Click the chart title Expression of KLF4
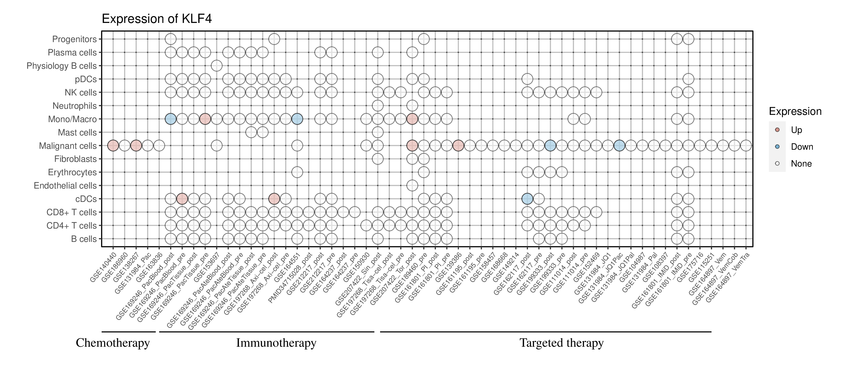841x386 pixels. tap(157, 19)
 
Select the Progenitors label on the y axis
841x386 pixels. tap(75, 39)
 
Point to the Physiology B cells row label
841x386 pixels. tap(62, 66)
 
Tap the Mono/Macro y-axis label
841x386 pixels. tap(72, 119)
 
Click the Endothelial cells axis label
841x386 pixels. tap(65, 186)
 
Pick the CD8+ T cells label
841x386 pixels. tap(71, 212)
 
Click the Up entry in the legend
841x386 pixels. tap(796, 130)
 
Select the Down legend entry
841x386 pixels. tap(802, 147)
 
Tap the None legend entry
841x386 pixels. tap(801, 164)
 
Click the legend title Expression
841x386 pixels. tap(795, 111)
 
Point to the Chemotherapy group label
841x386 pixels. tap(113, 343)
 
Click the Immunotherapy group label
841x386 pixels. tap(276, 343)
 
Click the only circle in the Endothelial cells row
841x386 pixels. tap(412, 186)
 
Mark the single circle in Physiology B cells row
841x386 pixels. tap(217, 66)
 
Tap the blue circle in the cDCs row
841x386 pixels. tap(527, 199)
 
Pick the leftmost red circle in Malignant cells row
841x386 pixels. tap(113, 146)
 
